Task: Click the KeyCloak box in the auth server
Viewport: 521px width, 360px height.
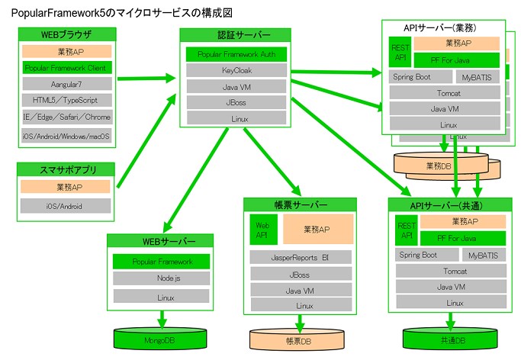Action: pyautogui.click(x=236, y=70)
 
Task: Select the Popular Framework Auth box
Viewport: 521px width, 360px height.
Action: pyautogui.click(x=236, y=55)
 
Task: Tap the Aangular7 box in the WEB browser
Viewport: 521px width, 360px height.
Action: pyautogui.click(x=66, y=84)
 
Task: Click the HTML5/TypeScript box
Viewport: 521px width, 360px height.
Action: pyautogui.click(x=66, y=101)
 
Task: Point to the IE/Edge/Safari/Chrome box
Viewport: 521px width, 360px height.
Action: pyautogui.click(x=66, y=117)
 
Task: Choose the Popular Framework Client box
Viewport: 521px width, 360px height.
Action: pyautogui.click(x=66, y=68)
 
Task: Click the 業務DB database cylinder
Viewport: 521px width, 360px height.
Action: pyautogui.click(x=440, y=165)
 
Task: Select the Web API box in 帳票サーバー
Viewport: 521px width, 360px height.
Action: pyautogui.click(x=262, y=230)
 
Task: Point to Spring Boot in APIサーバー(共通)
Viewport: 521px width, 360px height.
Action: pyautogui.click(x=419, y=255)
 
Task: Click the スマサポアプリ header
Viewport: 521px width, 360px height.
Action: pyautogui.click(x=66, y=169)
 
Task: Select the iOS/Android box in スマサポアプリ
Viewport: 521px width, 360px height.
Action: pyautogui.click(x=66, y=206)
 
